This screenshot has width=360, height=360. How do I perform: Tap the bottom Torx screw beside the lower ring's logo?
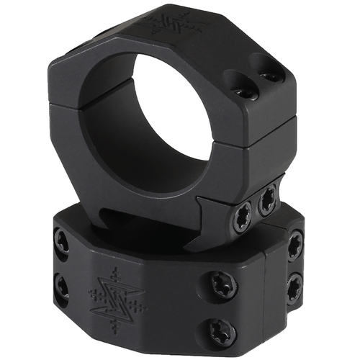[x=221, y=331]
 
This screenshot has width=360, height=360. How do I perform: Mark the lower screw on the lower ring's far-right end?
[x=294, y=288]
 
